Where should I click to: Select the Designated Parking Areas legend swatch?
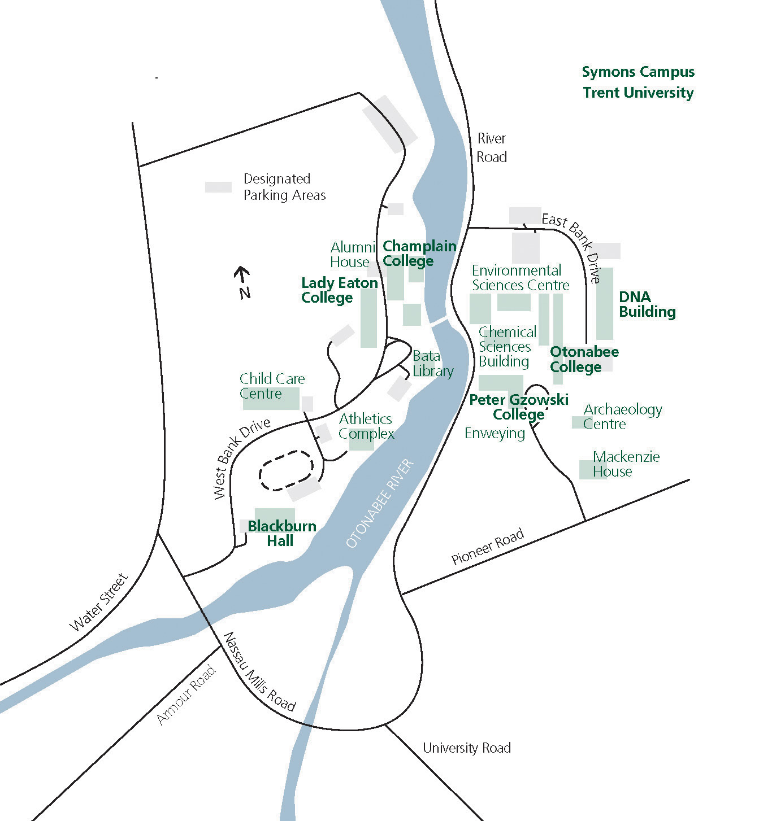coord(218,187)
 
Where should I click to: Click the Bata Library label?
coord(433,364)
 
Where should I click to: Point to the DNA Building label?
coord(647,304)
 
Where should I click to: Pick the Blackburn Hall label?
coord(281,534)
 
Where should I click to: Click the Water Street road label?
coord(99,602)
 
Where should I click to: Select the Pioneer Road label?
coord(488,546)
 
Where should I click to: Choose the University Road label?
coord(467,748)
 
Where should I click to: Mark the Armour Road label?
coord(186,695)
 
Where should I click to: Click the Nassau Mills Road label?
coord(259,672)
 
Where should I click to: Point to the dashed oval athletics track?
coord(286,470)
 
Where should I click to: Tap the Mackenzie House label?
coord(626,464)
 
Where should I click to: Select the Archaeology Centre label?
coord(622,417)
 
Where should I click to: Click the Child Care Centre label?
coord(272,386)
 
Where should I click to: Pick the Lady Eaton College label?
coord(339,290)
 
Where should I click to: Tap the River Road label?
coord(491,148)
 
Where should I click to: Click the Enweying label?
coord(495,433)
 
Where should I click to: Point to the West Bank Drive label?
coord(242,458)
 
